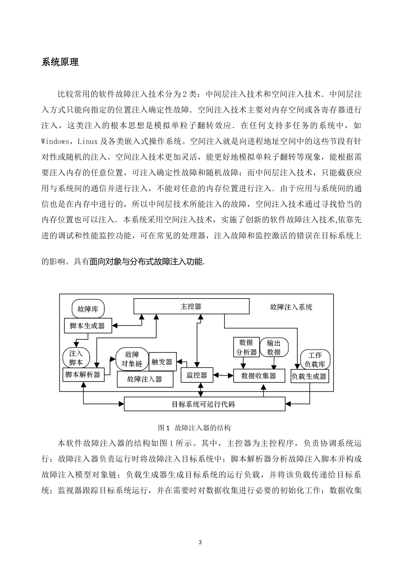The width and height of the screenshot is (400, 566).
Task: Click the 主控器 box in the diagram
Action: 191,307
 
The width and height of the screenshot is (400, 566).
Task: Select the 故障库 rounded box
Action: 88,309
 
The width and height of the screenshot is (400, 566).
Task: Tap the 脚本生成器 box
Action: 88,326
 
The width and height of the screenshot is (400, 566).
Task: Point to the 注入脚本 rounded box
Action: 76,358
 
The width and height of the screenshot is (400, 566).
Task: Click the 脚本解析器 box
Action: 83,374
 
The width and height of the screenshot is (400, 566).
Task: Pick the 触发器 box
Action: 162,362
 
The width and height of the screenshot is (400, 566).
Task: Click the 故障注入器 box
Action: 145,379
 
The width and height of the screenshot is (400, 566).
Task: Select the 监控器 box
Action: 197,375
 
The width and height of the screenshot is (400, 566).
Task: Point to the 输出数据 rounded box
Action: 274,347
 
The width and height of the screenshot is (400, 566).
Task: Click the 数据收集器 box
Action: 259,376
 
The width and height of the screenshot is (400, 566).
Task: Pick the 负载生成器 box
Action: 309,376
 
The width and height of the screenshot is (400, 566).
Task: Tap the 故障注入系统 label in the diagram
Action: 291,307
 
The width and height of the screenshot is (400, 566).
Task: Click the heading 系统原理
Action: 60,62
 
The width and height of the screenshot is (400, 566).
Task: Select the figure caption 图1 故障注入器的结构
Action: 194,428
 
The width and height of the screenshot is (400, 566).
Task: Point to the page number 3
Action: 200,542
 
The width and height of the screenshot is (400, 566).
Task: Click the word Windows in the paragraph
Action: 55,141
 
